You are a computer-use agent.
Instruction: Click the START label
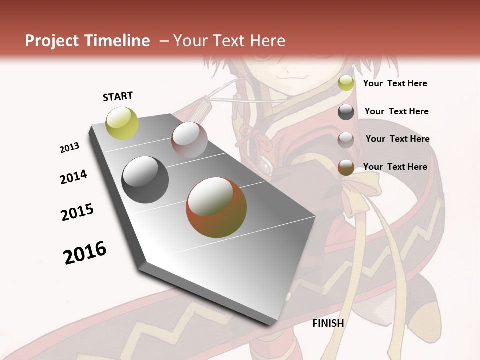click(x=118, y=96)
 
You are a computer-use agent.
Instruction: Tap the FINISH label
click(x=328, y=323)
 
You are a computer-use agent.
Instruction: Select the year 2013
click(x=70, y=148)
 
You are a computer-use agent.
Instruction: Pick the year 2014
click(x=74, y=177)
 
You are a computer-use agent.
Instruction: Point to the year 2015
click(x=77, y=212)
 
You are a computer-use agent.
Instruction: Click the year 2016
click(x=85, y=252)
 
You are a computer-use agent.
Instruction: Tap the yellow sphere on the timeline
click(x=122, y=123)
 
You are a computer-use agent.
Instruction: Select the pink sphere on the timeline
click(x=189, y=140)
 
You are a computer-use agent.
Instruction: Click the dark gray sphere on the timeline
click(x=145, y=180)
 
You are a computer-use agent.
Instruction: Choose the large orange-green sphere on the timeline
click(x=216, y=207)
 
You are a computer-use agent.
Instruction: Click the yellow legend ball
click(x=346, y=83)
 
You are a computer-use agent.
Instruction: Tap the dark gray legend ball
click(x=346, y=112)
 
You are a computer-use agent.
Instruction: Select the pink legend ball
click(x=346, y=140)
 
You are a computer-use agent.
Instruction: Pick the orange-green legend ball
click(x=346, y=167)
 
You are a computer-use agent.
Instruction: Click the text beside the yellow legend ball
click(x=395, y=83)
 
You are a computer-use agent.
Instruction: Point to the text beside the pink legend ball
click(x=397, y=139)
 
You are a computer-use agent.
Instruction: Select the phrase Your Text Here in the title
click(x=229, y=41)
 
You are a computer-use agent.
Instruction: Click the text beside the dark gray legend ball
click(x=396, y=111)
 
